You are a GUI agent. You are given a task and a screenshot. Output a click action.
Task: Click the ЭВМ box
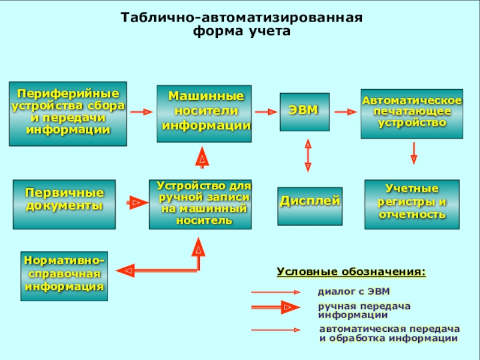(305, 112)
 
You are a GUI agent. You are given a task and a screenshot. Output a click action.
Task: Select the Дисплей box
(310, 206)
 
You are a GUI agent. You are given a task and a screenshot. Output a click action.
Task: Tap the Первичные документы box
(64, 204)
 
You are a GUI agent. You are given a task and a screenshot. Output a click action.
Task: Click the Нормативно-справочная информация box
(64, 276)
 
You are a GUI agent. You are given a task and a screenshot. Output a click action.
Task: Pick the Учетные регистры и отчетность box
(412, 204)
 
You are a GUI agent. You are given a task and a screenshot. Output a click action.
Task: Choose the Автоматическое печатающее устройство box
(412, 113)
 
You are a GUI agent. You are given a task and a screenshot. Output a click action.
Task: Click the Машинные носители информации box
(204, 113)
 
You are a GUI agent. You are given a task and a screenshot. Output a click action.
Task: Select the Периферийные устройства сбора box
(68, 113)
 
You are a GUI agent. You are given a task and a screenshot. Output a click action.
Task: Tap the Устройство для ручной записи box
(200, 204)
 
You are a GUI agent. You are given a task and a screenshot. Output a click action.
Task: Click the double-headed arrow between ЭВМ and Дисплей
(308, 155)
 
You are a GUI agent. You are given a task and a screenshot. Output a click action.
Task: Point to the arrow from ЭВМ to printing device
(346, 112)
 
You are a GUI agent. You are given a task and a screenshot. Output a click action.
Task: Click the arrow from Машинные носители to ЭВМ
(266, 112)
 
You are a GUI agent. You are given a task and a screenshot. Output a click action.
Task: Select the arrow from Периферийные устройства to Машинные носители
(142, 112)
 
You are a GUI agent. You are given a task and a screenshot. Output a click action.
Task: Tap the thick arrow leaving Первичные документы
(137, 202)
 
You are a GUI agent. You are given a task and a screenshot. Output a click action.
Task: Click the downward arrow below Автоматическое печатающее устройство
(414, 153)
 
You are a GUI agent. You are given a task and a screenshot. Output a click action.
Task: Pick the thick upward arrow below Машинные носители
(202, 157)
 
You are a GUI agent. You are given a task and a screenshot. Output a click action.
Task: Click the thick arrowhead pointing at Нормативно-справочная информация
(125, 271)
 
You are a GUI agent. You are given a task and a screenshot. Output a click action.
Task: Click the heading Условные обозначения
(351, 272)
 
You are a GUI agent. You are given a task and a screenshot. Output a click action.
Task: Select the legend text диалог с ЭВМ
(354, 291)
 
